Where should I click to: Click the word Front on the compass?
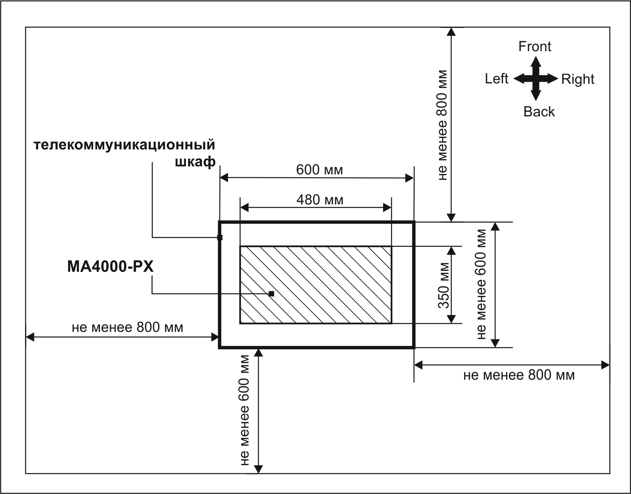[x=535, y=47]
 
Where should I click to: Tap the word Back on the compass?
[x=539, y=112]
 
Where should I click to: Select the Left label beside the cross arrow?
[x=496, y=79]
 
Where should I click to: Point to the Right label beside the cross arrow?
[x=578, y=79]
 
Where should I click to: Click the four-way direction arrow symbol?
[x=536, y=79]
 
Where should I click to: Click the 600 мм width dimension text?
[x=320, y=170]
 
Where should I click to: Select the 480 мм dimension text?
[x=320, y=199]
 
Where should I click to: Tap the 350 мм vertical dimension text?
[x=443, y=285]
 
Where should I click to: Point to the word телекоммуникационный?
[x=124, y=145]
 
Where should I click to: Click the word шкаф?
[x=195, y=162]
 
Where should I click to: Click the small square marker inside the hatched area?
[x=272, y=293]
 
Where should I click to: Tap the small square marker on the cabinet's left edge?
[x=220, y=237]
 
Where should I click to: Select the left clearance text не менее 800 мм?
[x=128, y=327]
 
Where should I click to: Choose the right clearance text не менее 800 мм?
[x=519, y=375]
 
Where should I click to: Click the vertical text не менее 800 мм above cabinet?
[x=442, y=125]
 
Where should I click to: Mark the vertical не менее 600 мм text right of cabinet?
[x=481, y=284]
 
